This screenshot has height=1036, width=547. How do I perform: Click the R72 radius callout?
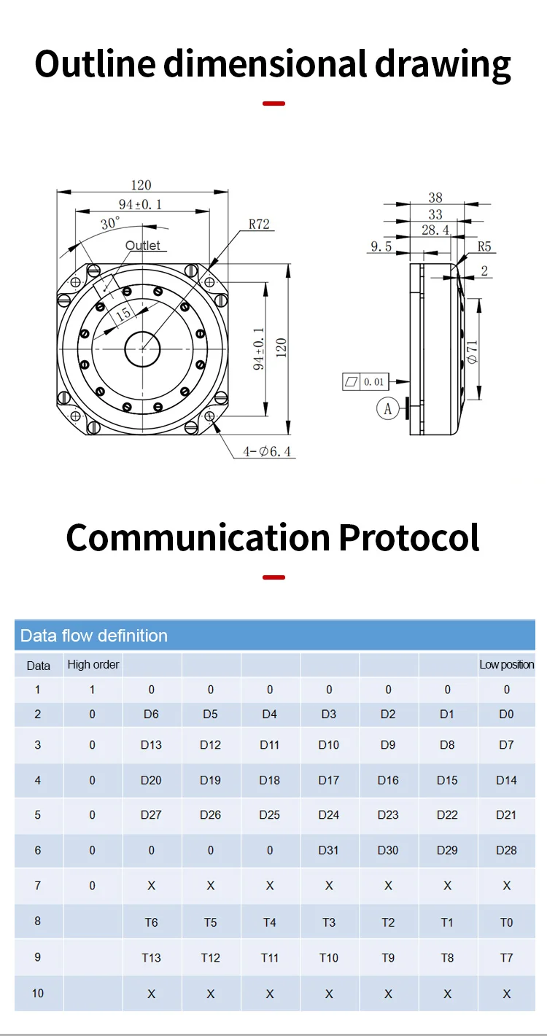(x=259, y=225)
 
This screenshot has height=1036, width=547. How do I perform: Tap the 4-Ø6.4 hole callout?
(x=267, y=452)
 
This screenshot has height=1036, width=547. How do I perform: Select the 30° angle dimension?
(x=111, y=224)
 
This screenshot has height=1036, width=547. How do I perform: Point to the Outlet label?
(x=143, y=246)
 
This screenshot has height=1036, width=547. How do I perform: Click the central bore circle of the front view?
(x=143, y=349)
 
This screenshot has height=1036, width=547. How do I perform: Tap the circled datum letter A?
(x=388, y=409)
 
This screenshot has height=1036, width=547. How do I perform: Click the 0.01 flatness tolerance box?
(x=366, y=381)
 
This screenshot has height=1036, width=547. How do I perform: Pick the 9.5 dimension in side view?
(x=381, y=246)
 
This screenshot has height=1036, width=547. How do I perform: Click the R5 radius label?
(x=485, y=246)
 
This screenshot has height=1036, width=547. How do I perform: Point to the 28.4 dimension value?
(x=435, y=230)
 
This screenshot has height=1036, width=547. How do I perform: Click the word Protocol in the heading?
(x=408, y=537)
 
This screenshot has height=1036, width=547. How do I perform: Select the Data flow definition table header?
(x=94, y=636)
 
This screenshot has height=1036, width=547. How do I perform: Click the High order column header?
(x=93, y=664)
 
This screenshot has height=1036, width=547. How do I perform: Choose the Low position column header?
(x=506, y=664)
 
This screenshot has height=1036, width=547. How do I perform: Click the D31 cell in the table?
(x=329, y=850)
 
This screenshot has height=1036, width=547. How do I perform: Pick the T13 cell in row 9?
(x=151, y=957)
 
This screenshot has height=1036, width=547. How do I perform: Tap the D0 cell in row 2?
(x=506, y=714)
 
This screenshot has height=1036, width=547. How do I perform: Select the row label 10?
(x=38, y=993)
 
